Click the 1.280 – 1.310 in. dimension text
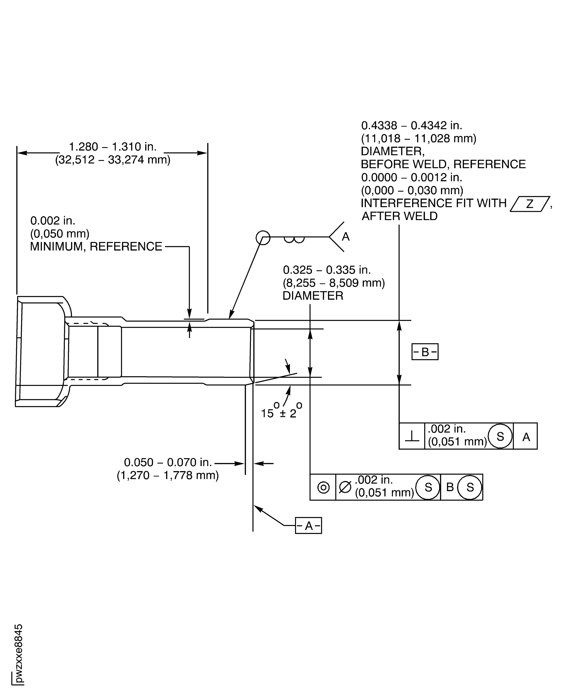click(x=113, y=147)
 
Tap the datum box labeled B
click(x=425, y=352)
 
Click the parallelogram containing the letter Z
click(x=530, y=204)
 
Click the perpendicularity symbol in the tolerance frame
click(x=412, y=437)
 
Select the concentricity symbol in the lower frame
click(x=323, y=487)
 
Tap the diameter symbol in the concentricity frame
click(x=345, y=487)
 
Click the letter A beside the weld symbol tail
click(x=346, y=237)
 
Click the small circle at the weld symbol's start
click(x=263, y=238)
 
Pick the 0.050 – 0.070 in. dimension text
click(x=168, y=463)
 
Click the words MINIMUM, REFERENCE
click(x=96, y=247)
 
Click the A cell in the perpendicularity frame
click(x=526, y=437)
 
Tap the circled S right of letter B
click(x=470, y=487)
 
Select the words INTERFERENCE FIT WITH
click(x=434, y=203)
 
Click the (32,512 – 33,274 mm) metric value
click(x=113, y=160)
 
